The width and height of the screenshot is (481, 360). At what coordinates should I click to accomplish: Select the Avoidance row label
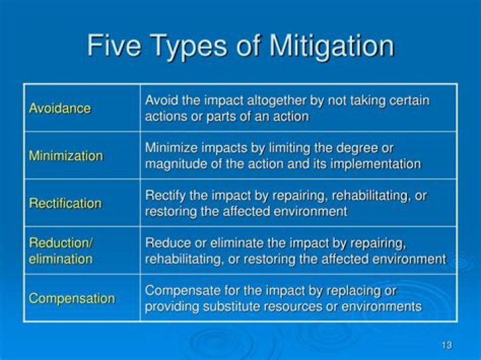click(59, 108)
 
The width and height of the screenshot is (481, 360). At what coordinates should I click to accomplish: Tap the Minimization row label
click(65, 156)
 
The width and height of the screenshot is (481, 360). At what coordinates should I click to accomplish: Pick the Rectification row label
click(65, 203)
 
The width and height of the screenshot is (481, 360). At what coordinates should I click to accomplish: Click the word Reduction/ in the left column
click(59, 243)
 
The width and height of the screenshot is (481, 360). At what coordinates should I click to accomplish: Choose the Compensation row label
click(71, 298)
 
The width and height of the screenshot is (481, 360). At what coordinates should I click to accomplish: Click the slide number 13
click(446, 345)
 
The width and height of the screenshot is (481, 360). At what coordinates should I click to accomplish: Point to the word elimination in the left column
click(60, 258)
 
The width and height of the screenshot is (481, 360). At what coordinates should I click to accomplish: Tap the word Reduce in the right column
click(164, 243)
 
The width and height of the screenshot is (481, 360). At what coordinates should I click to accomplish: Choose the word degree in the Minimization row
click(361, 148)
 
